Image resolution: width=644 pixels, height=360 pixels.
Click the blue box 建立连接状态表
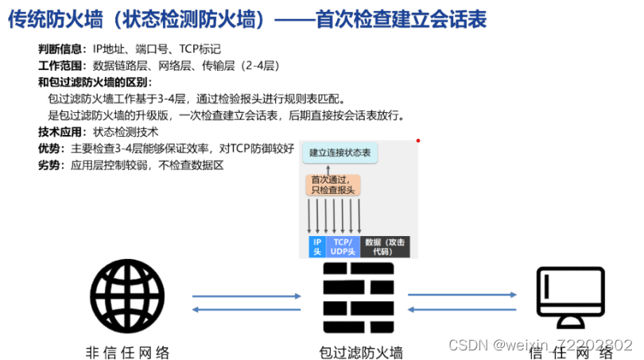pos(339,152)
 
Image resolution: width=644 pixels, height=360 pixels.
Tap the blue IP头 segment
pos(316,246)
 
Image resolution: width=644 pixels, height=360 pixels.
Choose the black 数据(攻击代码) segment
pos(385,246)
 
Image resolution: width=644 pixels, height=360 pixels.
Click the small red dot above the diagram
pos(417,141)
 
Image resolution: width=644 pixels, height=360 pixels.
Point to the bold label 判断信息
pos(58,49)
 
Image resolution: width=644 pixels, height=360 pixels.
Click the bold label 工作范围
pos(58,66)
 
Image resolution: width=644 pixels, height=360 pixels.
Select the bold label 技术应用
pos(58,132)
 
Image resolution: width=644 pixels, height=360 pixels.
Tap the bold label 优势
pos(48,149)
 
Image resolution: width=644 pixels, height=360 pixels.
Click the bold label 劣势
pos(48,165)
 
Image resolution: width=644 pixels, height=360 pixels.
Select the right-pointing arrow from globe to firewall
pos(246,296)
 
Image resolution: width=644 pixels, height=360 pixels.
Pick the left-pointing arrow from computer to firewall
pos(462,309)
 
